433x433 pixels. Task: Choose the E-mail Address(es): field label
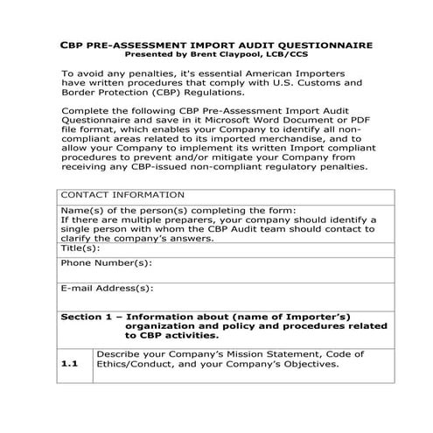[x=107, y=288]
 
